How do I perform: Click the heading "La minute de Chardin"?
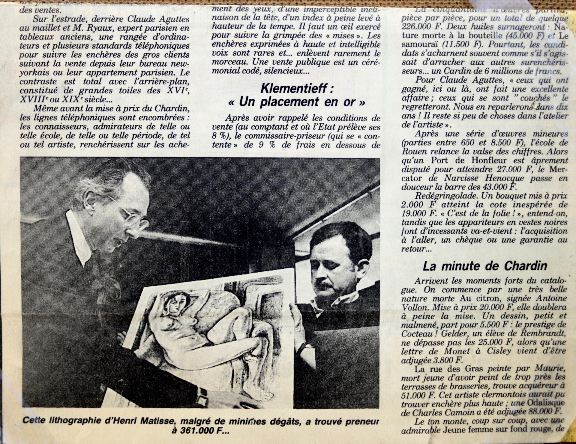coord(485,266)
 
